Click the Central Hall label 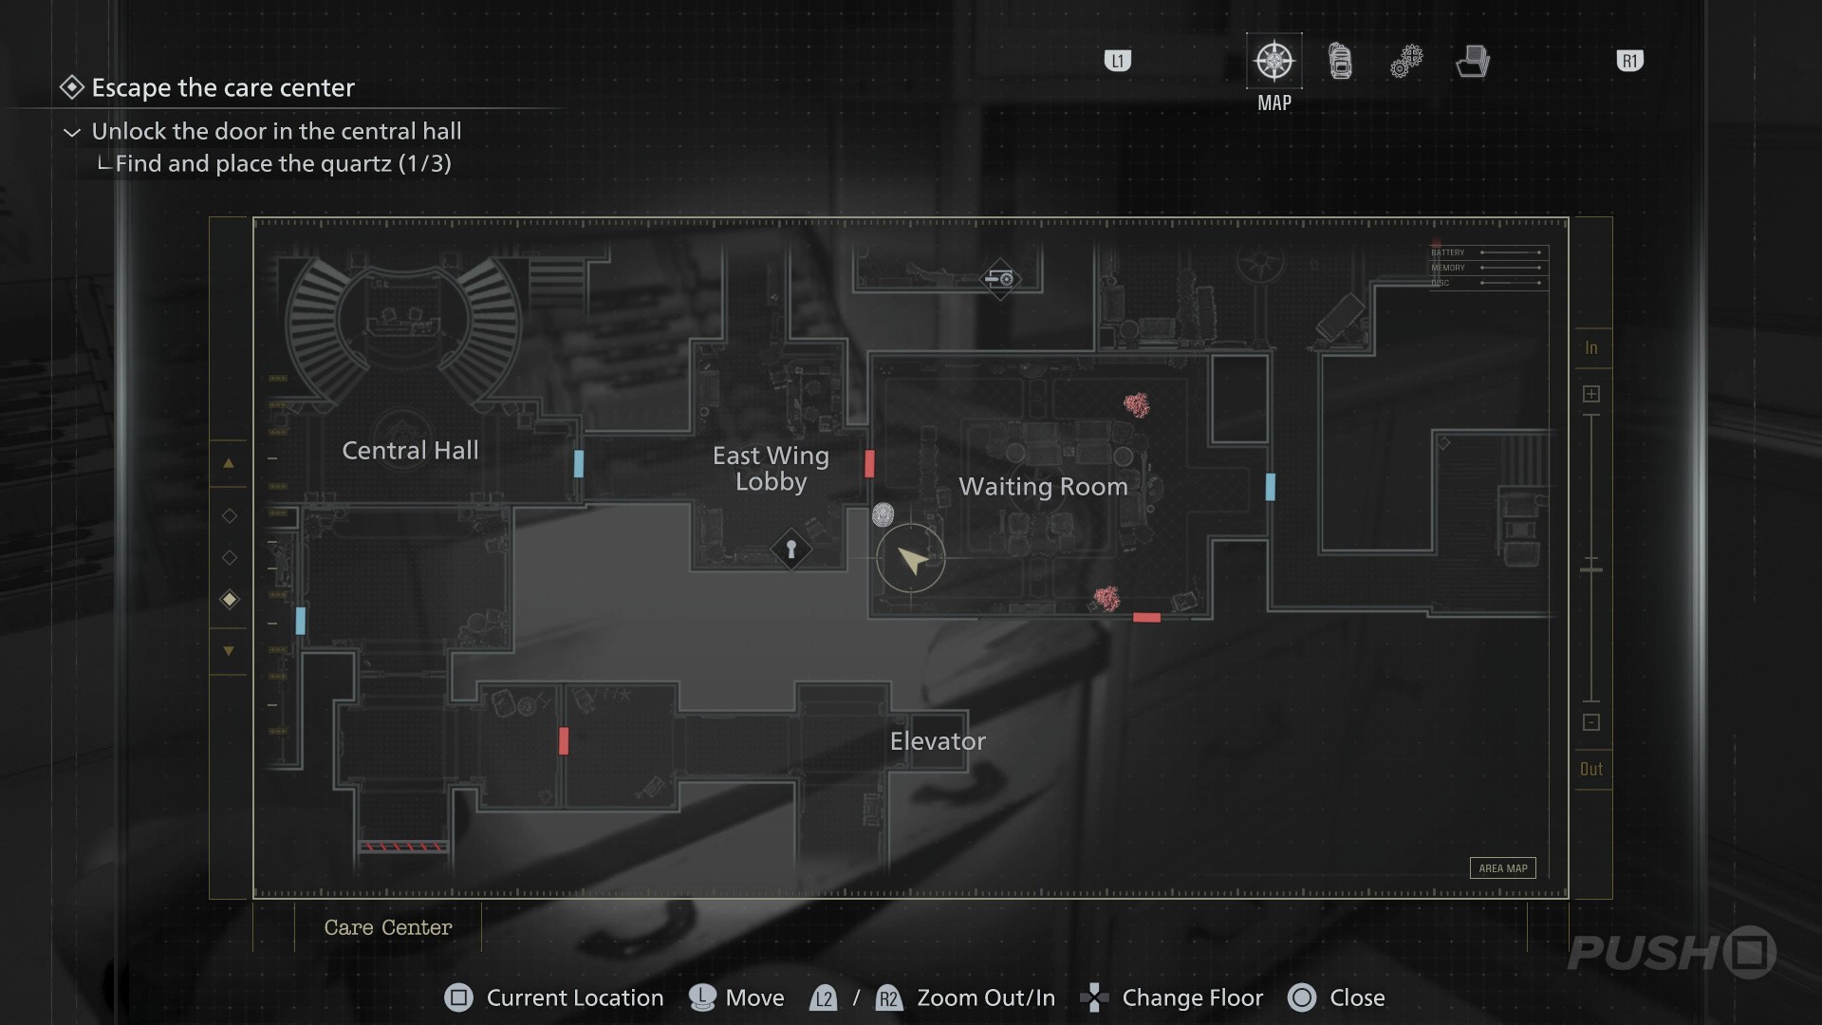tap(410, 451)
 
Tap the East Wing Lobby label tap(771, 469)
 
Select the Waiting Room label tap(1043, 487)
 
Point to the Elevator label tap(938, 741)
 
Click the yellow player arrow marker tap(911, 560)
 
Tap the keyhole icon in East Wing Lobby tap(790, 550)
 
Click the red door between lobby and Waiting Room tap(869, 464)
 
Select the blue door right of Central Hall tap(579, 464)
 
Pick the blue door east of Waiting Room tap(1271, 487)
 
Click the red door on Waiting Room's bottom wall tap(1146, 618)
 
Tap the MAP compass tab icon tap(1274, 62)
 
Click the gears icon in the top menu tap(1406, 62)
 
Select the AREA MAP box tap(1503, 868)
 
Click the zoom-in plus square tap(1591, 394)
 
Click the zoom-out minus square tap(1591, 723)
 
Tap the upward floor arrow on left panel tap(229, 464)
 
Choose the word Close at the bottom tap(1357, 998)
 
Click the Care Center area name tap(388, 928)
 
